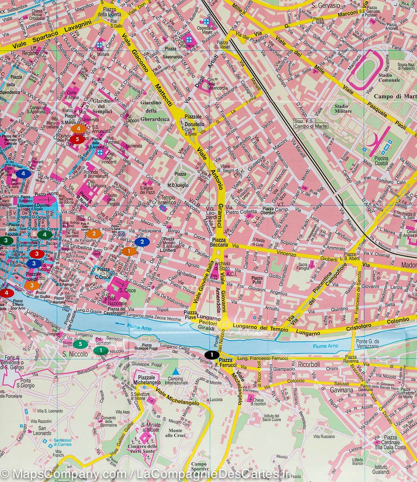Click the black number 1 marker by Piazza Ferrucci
tap(212, 354)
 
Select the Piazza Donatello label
tap(195, 122)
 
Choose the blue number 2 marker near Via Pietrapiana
tap(141, 242)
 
